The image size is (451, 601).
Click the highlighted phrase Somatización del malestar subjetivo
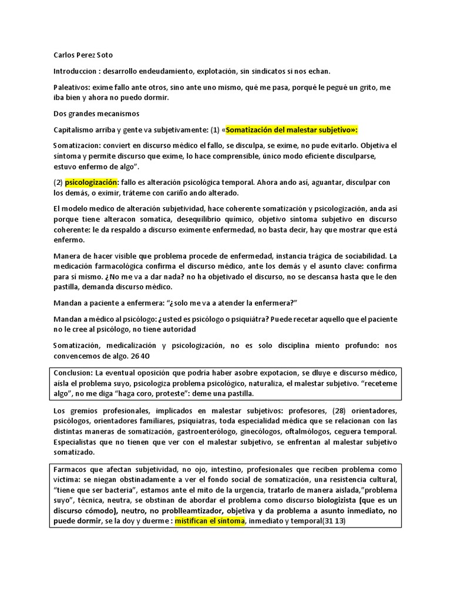tap(291, 129)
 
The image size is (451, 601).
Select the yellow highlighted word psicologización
tap(92, 183)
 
